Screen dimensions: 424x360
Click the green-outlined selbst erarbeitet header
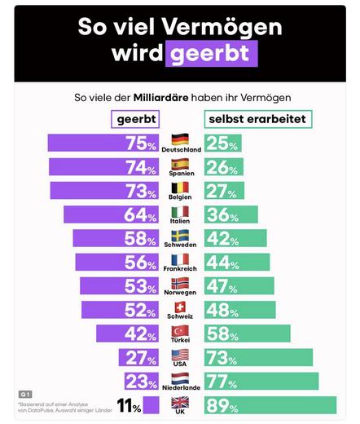(257, 120)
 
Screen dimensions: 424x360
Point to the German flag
(180, 139)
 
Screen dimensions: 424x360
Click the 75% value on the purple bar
(140, 144)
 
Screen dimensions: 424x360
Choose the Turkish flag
(180, 329)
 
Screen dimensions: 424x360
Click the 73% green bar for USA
(260, 358)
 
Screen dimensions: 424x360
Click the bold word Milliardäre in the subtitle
(165, 96)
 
